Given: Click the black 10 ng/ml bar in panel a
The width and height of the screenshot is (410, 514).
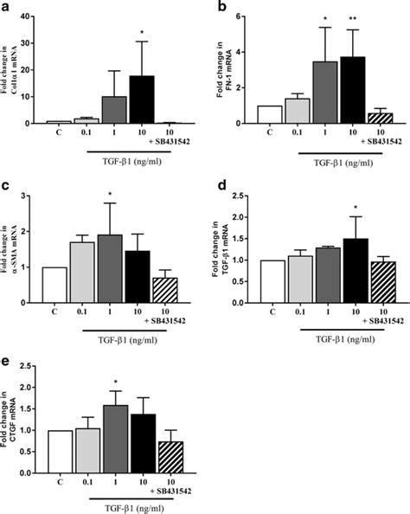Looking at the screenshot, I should tap(141, 100).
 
